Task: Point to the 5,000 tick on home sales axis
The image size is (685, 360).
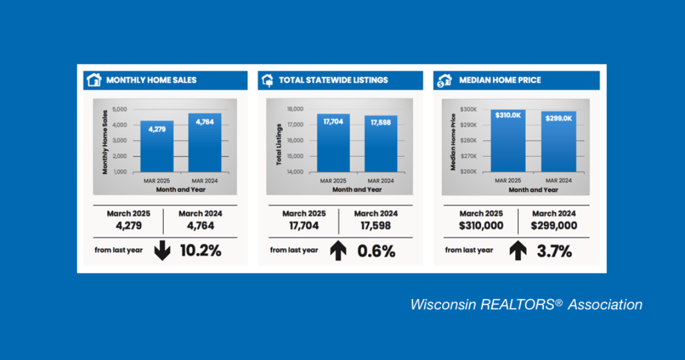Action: [x=119, y=109]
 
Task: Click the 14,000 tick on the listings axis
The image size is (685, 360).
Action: [x=295, y=172]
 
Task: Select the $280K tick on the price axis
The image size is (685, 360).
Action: [x=468, y=141]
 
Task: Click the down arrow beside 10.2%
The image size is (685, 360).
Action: [x=162, y=251]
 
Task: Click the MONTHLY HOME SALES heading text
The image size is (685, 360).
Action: [x=151, y=80]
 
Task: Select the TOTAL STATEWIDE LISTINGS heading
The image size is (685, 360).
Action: [x=333, y=80]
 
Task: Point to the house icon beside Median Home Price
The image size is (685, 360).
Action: [x=444, y=80]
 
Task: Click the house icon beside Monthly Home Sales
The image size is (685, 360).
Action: [x=94, y=80]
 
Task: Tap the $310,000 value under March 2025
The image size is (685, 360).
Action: [x=480, y=225]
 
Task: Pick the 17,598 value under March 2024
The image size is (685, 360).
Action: [x=375, y=225]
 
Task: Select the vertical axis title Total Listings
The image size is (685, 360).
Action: [x=279, y=144]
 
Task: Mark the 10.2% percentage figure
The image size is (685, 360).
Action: [x=200, y=251]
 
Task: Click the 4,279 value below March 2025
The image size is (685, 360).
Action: [x=128, y=225]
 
